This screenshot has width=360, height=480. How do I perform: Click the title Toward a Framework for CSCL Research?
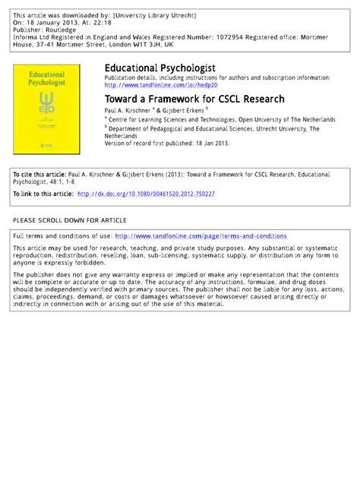click(194, 99)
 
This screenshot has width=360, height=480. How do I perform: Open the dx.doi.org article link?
click(146, 194)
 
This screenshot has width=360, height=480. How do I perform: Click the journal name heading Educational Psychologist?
click(159, 68)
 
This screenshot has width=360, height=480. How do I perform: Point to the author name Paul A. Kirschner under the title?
click(130, 110)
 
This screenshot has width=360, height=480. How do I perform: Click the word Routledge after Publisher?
click(60, 30)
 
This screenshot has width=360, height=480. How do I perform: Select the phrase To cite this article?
click(35, 175)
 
